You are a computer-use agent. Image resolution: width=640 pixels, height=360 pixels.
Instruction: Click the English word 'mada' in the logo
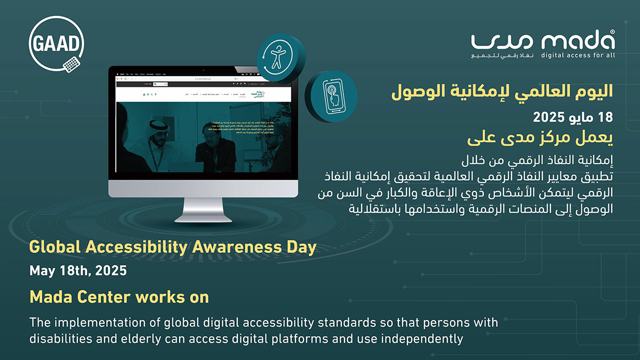(x=577, y=41)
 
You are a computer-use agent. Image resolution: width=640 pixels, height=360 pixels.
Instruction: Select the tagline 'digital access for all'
(x=578, y=55)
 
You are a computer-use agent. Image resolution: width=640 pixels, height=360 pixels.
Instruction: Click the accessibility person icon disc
(x=278, y=57)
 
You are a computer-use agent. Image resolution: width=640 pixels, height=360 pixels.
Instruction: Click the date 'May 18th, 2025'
(x=78, y=270)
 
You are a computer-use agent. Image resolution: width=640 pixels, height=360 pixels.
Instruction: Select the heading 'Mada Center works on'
(x=119, y=297)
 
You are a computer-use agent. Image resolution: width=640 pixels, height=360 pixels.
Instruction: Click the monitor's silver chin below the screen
(x=203, y=188)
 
